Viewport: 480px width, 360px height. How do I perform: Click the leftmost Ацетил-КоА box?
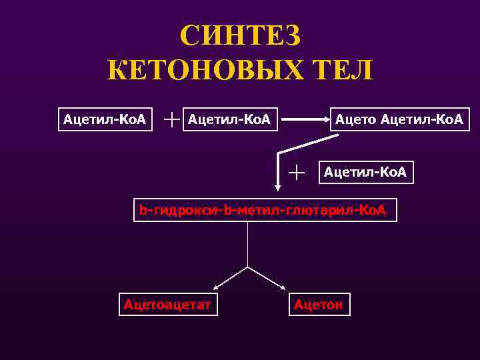pos(105,119)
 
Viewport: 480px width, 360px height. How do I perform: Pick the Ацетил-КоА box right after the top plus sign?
pos(230,119)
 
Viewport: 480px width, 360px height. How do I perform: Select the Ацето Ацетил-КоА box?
pos(400,119)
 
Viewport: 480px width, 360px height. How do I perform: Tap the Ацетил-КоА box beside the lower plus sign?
pos(366,173)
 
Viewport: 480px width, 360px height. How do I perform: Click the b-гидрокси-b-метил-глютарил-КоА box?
pos(263,210)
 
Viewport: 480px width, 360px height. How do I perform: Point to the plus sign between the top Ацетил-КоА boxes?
pos(173,119)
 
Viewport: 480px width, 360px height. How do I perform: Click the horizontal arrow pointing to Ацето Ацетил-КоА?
pos(307,120)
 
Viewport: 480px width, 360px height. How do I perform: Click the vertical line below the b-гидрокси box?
pos(248,243)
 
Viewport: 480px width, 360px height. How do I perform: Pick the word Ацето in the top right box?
pos(356,119)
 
